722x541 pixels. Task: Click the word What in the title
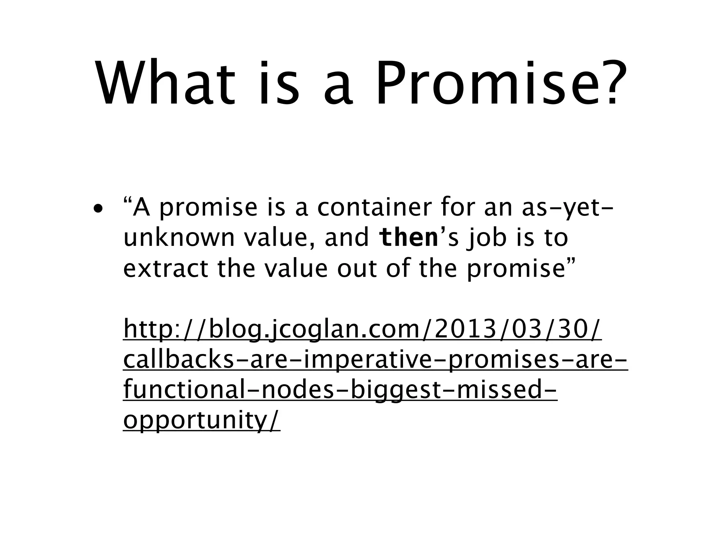pos(165,85)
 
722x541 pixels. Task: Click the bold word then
pos(408,238)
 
